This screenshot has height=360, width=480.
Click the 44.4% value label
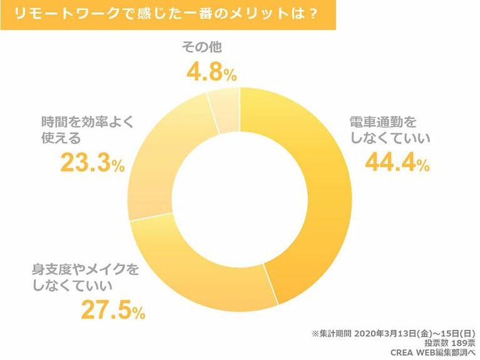pos(397,163)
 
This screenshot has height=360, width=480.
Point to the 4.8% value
pos(212,73)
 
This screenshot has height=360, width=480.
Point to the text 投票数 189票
pos(450,343)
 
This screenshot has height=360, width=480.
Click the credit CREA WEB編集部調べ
pos(432,353)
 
